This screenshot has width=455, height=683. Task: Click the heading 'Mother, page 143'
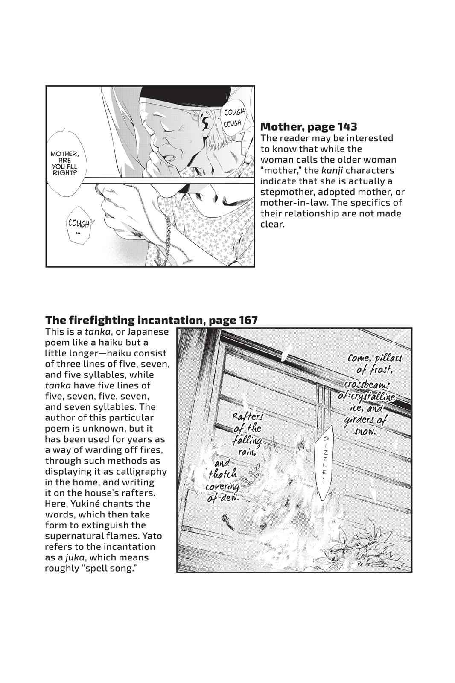(308, 126)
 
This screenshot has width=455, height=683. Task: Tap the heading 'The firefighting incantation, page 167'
(151, 320)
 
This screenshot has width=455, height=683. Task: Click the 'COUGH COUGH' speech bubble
(233, 117)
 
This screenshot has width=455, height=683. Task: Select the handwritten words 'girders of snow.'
(365, 426)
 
